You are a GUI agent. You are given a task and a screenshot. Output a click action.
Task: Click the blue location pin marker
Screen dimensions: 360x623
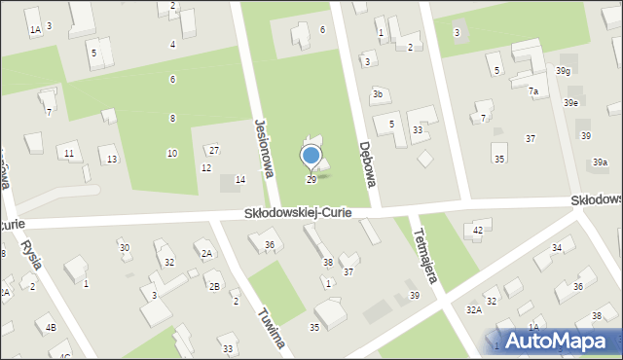(311, 156)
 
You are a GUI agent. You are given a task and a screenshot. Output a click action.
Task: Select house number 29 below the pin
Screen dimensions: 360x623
(311, 180)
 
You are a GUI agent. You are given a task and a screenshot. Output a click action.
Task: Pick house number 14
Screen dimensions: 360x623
(239, 180)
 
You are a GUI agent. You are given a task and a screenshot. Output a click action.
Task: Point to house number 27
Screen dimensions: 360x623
(214, 150)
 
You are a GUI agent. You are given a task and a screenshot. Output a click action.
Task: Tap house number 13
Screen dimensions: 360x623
(112, 160)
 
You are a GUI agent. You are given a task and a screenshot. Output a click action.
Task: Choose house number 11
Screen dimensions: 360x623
(68, 154)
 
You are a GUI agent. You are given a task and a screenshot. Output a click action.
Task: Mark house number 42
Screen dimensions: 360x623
(477, 230)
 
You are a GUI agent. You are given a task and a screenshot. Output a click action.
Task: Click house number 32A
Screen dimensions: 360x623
(473, 309)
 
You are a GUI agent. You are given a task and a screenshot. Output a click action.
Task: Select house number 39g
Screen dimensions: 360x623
(564, 71)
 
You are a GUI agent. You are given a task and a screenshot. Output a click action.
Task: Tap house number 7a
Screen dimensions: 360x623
(532, 91)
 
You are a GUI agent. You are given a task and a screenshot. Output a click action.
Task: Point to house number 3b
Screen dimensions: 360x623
(377, 94)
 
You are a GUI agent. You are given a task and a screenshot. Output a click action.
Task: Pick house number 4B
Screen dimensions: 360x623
(51, 328)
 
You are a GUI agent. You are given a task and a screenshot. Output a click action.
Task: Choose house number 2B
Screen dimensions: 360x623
(213, 286)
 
